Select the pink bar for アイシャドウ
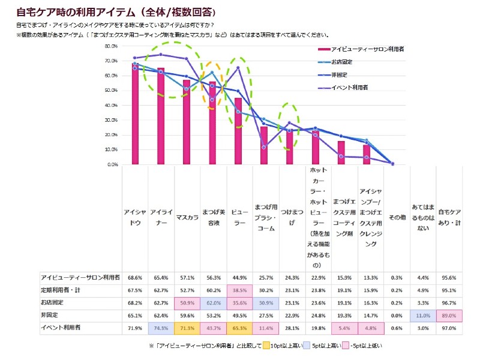pyautogui.click(x=136, y=114)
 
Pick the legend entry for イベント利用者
pyautogui.click(x=344, y=88)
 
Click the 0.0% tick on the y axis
pyautogui.click(x=110, y=164)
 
